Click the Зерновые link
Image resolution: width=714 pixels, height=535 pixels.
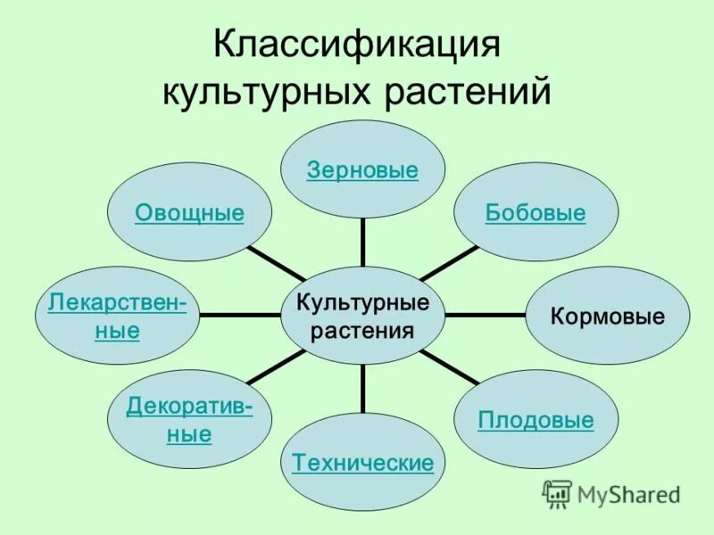coord(362,170)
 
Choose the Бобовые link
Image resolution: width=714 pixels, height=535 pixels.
coord(535,213)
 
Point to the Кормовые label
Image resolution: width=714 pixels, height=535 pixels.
coord(608,317)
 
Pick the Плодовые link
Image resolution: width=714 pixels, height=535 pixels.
coord(535,420)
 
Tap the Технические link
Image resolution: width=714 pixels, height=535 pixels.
coord(363,463)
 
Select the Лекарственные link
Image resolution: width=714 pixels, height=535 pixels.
coord(118,317)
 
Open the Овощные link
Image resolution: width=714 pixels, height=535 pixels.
coord(189,213)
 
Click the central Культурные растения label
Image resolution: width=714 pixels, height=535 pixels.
coord(362,317)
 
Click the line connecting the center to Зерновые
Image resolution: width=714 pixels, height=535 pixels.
coord(363,242)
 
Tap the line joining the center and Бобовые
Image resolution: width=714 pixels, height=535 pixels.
coord(450,263)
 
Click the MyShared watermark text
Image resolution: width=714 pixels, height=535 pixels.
coord(629,493)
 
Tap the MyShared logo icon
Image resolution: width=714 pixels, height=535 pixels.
coord(557,493)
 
